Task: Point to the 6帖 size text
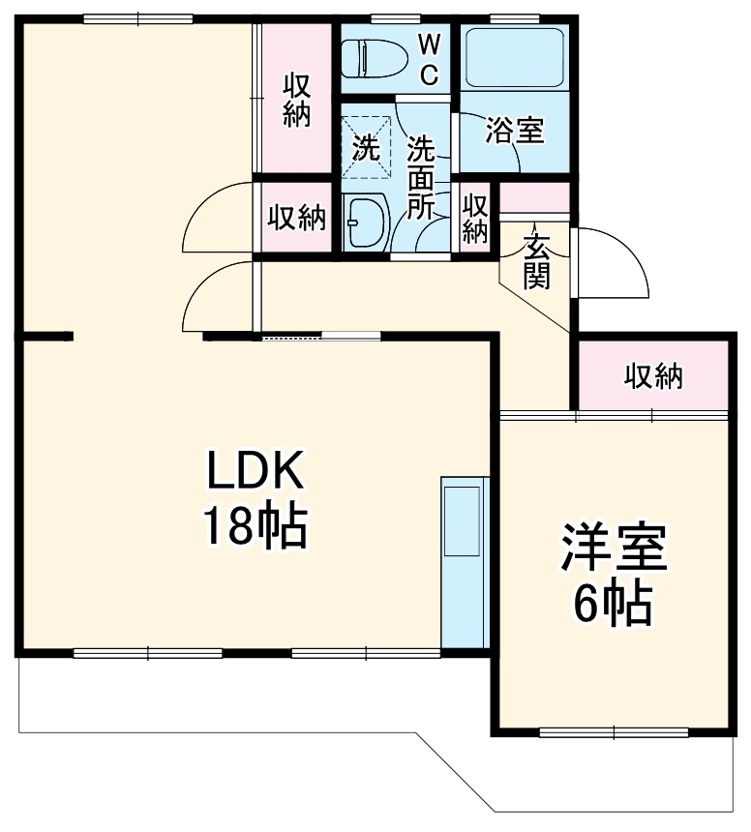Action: pyautogui.click(x=612, y=605)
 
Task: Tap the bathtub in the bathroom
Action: pyautogui.click(x=514, y=57)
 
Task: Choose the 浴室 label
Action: pyautogui.click(x=514, y=130)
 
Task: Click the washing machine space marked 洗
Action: pyautogui.click(x=367, y=148)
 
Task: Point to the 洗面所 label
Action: pyautogui.click(x=422, y=178)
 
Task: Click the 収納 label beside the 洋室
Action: pyautogui.click(x=653, y=375)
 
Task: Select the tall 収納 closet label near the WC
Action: pyautogui.click(x=296, y=100)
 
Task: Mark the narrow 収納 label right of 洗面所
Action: pyautogui.click(x=475, y=218)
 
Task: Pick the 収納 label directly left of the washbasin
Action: pyautogui.click(x=296, y=218)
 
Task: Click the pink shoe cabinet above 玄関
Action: pyautogui.click(x=534, y=196)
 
